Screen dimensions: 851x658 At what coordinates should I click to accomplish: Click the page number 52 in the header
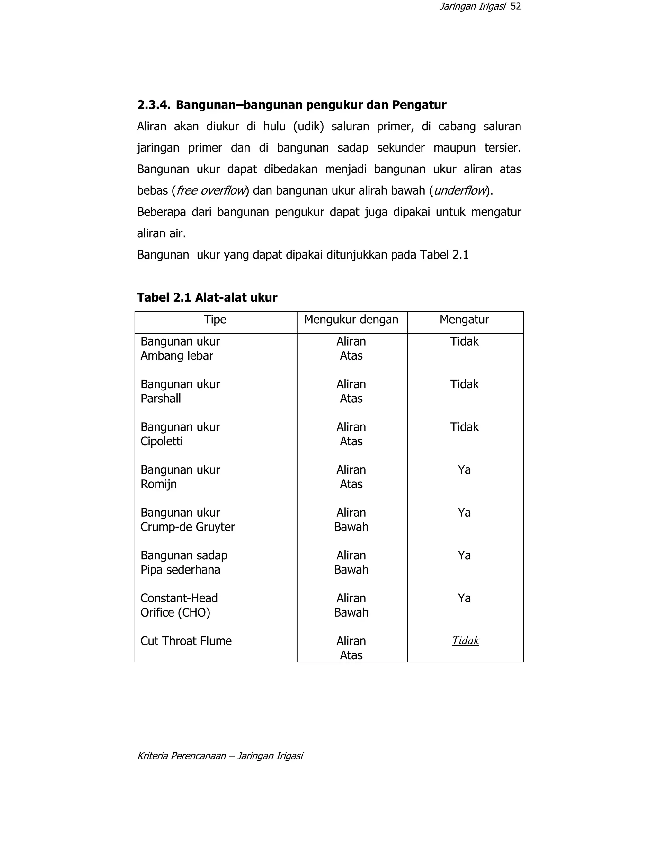pos(515,7)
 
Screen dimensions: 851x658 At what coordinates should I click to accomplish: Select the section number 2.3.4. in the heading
pos(154,105)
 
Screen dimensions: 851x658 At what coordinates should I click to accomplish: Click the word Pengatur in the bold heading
pos(419,105)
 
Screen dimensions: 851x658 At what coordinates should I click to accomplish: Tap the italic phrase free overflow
pos(211,190)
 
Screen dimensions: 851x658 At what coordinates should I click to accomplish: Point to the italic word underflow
pos(460,190)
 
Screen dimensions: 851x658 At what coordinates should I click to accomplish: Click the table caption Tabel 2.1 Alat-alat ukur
pos(207,298)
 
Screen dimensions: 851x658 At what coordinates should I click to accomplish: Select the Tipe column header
pos(215,320)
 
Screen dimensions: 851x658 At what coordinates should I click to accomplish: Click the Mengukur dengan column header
pos(351,320)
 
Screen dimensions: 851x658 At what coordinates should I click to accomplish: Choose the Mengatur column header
pos(464,320)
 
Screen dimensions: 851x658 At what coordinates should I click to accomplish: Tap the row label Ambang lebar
pos(177,356)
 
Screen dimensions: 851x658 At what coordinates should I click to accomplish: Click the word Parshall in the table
pos(161,399)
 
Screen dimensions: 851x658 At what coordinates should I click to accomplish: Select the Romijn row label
pos(159,484)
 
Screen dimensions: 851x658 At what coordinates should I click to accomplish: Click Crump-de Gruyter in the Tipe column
pos(188,527)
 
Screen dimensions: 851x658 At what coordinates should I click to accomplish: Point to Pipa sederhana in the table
pos(180,570)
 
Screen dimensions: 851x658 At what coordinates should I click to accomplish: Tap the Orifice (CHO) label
pos(175,613)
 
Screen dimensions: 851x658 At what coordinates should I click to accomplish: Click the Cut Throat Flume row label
pos(186,641)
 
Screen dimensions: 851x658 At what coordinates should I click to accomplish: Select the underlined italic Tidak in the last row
pos(466,641)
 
